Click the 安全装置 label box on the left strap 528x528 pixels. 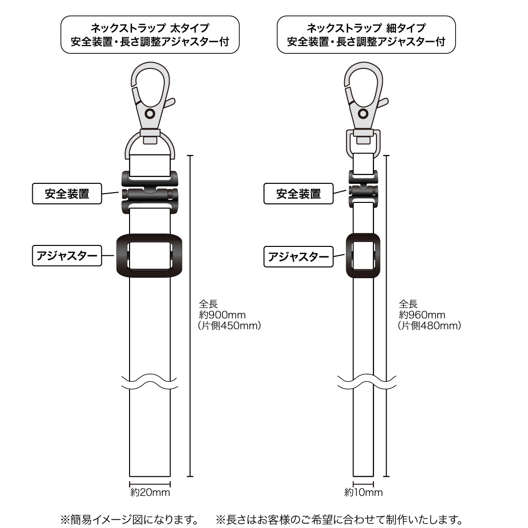(66, 194)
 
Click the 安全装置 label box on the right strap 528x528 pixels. (298, 194)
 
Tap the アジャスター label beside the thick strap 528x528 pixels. (66, 256)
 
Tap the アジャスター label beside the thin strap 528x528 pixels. (298, 257)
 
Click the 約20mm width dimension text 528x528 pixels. (150, 492)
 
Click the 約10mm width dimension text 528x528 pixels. (363, 492)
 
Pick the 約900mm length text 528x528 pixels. (222, 315)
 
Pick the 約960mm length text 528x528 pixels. (422, 315)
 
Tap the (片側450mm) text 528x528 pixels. (229, 326)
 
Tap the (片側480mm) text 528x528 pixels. (429, 326)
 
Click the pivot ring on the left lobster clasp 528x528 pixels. (150, 113)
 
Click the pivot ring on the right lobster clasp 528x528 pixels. (363, 113)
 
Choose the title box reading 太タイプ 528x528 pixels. (150, 35)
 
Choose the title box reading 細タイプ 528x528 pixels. (366, 35)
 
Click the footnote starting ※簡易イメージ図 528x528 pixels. (129, 520)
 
